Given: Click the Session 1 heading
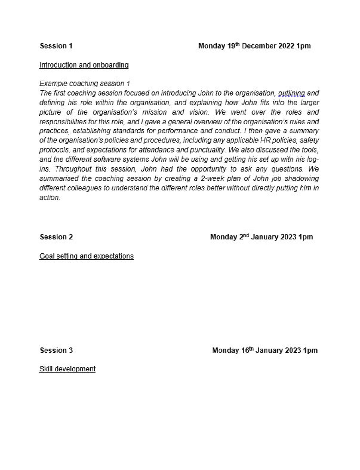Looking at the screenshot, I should tap(56, 46).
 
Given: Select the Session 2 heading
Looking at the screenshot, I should tap(56, 237).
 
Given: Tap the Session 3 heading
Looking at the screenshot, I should tap(56, 350).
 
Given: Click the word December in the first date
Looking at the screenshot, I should tap(259, 46).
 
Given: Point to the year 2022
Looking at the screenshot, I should tap(286, 46).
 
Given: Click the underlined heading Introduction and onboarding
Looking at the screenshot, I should tap(84, 65).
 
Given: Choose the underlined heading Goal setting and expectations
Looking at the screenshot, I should tap(86, 256).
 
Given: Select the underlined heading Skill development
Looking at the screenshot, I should tap(67, 369).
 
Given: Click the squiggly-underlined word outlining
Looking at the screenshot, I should tap(291, 93).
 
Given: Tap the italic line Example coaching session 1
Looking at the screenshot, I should tap(85, 84).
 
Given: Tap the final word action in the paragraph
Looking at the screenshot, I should tap(49, 198).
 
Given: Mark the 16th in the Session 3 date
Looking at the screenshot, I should tap(247, 350).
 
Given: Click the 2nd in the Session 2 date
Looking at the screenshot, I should tap(243, 237).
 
